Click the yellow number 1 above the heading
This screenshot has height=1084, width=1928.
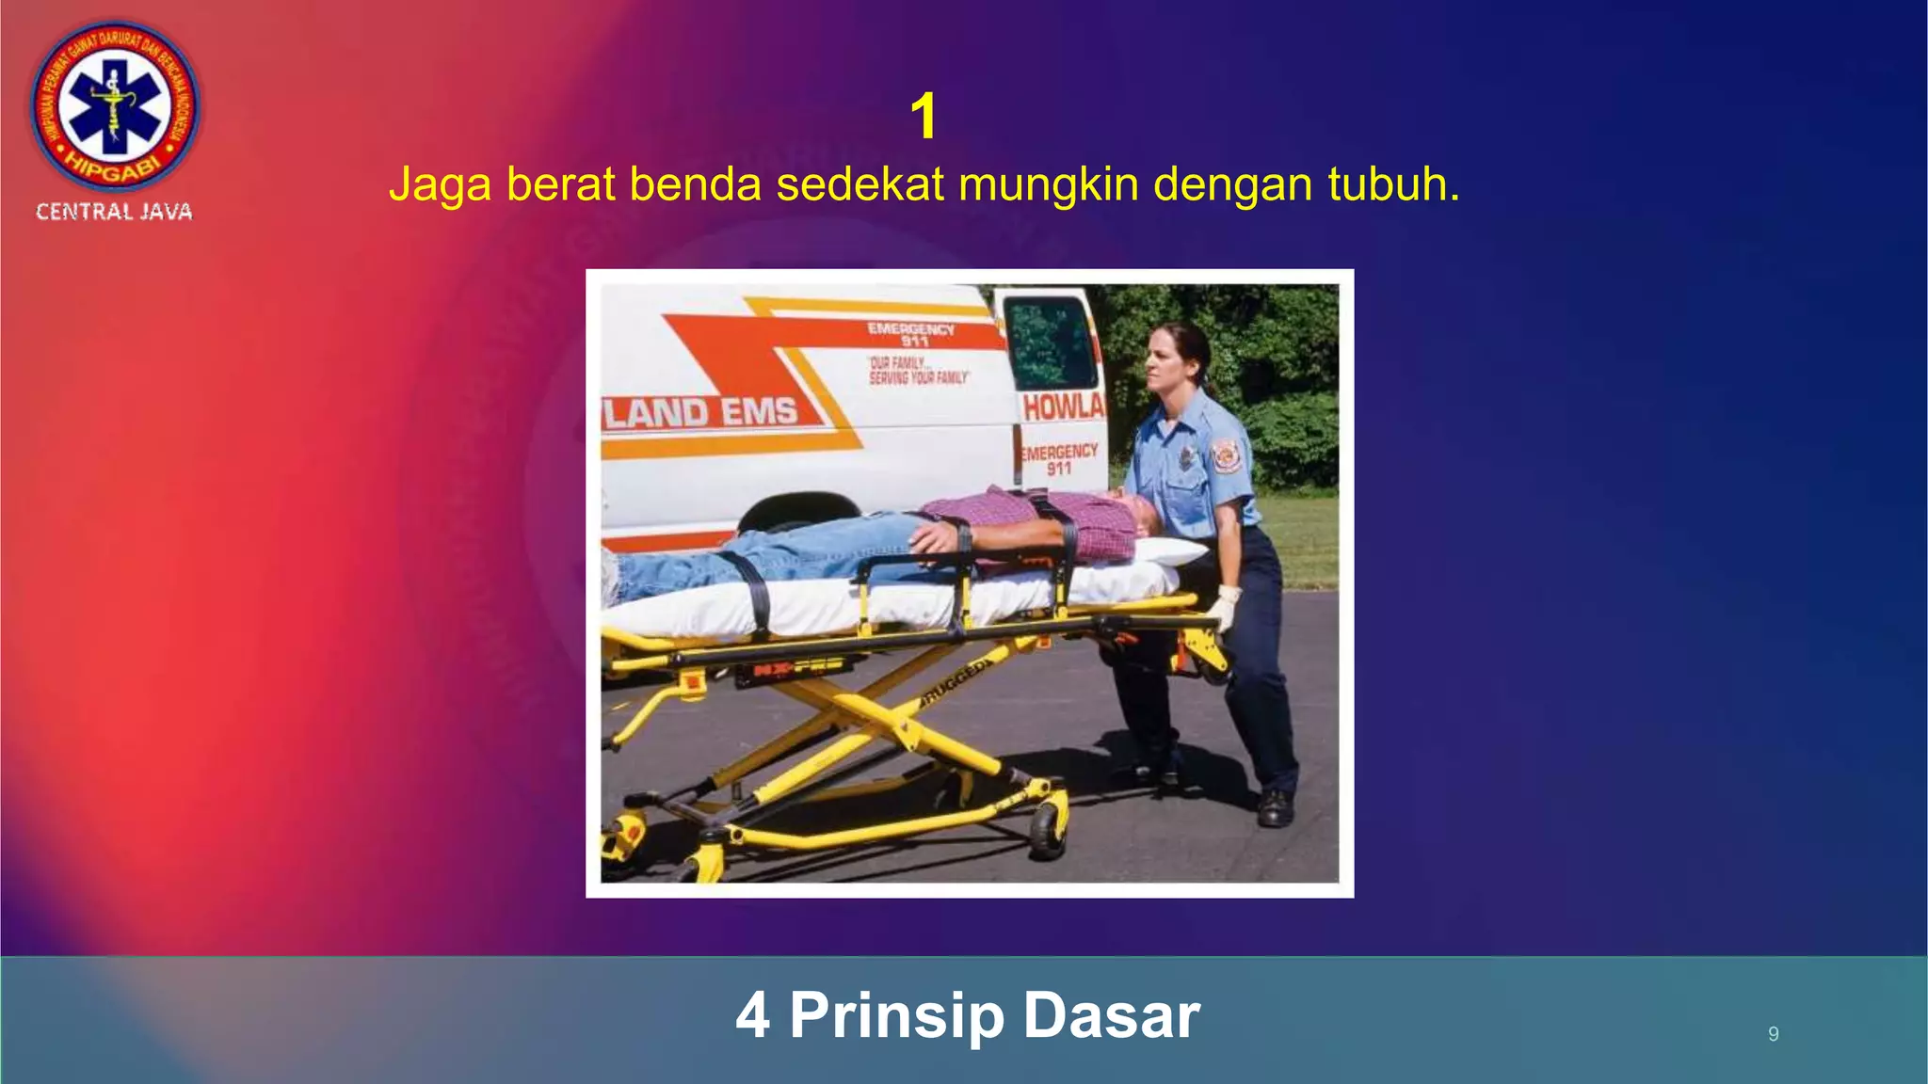point(924,117)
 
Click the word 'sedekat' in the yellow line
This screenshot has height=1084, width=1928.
point(860,184)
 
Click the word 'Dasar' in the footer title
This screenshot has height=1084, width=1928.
point(1111,1015)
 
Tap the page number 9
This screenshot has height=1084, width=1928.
point(1773,1034)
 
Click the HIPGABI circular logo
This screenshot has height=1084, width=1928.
point(114,105)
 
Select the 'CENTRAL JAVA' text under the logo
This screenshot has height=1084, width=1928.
point(114,213)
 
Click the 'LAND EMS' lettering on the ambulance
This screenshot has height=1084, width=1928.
point(700,412)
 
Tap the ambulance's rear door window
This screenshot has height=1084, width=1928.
point(1048,343)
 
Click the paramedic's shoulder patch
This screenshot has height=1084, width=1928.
point(1225,455)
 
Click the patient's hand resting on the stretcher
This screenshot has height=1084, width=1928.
point(936,538)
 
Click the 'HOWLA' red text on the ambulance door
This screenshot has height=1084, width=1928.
point(1063,407)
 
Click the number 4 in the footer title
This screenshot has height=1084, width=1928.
point(753,1015)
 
